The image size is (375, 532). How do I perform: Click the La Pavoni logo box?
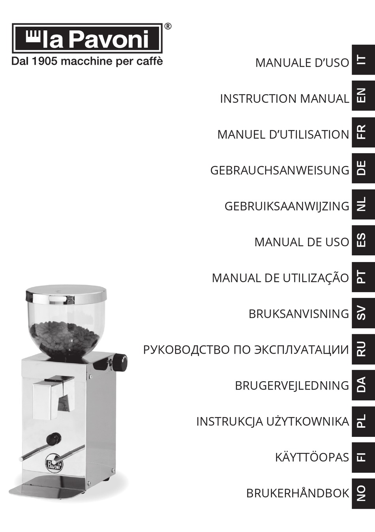(x=87, y=38)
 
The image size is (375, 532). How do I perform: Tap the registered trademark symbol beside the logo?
(x=168, y=26)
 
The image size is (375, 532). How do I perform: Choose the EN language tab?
(x=362, y=96)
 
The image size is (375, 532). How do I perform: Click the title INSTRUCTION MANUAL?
(x=284, y=98)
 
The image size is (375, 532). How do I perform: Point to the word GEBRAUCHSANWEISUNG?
(x=279, y=170)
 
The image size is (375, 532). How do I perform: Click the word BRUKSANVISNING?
(x=298, y=314)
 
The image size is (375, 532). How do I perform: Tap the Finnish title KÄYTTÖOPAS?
(x=312, y=457)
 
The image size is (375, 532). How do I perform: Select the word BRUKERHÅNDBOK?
(x=298, y=493)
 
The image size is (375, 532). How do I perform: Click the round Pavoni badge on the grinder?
(x=54, y=462)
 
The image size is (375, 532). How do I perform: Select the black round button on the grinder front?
(x=53, y=438)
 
